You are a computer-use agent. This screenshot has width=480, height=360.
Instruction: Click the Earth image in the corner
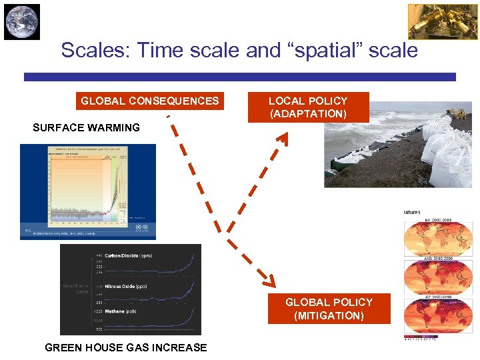click(22, 22)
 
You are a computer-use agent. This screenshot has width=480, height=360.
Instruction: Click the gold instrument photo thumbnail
click(433, 22)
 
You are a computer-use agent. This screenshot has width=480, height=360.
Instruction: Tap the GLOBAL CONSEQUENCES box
click(149, 101)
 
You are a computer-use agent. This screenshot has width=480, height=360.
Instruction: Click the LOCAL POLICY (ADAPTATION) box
click(307, 107)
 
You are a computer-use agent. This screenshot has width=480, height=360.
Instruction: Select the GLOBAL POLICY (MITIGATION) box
click(329, 309)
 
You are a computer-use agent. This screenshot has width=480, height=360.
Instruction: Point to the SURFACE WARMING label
click(86, 127)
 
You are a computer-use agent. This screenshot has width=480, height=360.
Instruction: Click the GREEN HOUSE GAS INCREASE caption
click(125, 347)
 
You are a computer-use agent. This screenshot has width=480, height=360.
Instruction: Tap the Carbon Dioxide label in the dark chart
click(127, 256)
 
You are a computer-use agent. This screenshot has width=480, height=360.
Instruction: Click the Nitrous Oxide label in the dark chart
click(125, 287)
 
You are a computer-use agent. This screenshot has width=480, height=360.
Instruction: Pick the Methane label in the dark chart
click(121, 311)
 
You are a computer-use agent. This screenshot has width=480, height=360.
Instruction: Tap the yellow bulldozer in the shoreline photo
click(461, 112)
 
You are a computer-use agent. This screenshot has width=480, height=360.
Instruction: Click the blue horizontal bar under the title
click(240, 77)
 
